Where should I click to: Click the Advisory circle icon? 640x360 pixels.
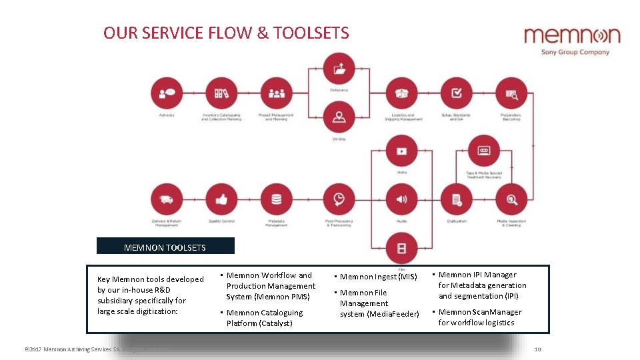click(167, 93)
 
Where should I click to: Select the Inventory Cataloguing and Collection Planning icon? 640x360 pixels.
click(221, 93)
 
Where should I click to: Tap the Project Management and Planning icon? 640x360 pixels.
click(276, 93)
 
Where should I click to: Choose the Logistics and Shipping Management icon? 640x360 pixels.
click(401, 93)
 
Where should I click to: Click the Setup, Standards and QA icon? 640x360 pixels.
click(457, 93)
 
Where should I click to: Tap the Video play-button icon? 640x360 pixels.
click(401, 151)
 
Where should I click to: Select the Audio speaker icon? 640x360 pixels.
click(401, 199)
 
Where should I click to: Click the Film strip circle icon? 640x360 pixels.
click(401, 249)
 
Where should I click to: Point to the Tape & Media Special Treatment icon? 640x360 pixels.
click(484, 151)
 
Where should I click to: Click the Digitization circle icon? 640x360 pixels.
click(457, 199)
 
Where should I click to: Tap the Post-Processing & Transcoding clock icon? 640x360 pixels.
click(339, 199)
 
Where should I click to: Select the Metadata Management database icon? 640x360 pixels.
click(276, 199)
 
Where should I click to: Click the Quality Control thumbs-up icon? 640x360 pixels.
click(221, 199)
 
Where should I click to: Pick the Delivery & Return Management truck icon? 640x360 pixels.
click(167, 199)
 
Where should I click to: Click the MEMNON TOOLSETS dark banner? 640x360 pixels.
click(165, 247)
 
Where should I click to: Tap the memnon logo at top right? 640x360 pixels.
click(571, 40)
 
